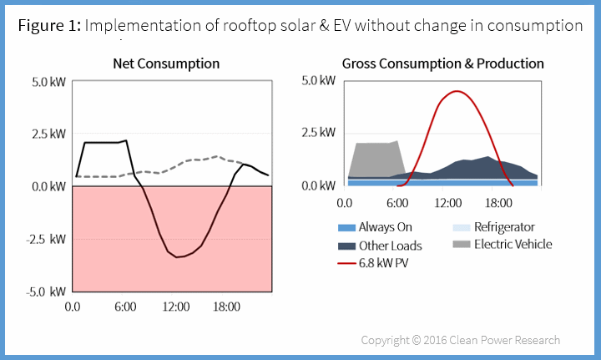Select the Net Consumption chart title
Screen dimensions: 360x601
pyautogui.click(x=166, y=63)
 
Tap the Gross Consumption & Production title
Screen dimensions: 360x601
pyautogui.click(x=442, y=63)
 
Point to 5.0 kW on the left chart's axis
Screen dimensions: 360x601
pyautogui.click(x=48, y=82)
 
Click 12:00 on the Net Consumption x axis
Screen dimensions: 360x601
pyautogui.click(x=176, y=307)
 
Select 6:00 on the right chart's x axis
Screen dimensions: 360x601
pyautogui.click(x=396, y=202)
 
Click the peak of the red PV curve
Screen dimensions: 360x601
pyautogui.click(x=457, y=91)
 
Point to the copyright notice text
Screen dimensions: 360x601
pyautogui.click(x=460, y=340)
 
